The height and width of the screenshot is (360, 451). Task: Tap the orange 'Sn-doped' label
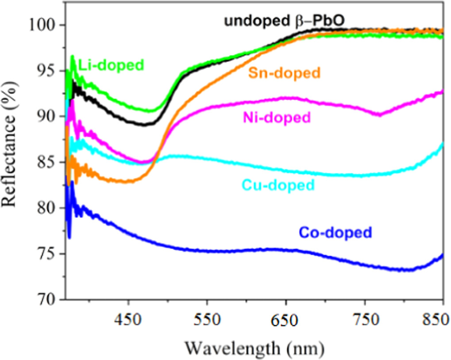[x=284, y=73]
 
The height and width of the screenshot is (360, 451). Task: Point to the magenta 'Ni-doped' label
[x=276, y=118]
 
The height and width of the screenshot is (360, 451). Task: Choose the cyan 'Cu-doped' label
[x=278, y=185]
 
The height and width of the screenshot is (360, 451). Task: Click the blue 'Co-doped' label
[x=335, y=232]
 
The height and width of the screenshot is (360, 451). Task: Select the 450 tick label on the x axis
[x=128, y=320]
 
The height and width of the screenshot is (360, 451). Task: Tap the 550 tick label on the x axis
[x=207, y=320]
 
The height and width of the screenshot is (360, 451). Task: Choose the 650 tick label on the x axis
[x=286, y=320]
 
